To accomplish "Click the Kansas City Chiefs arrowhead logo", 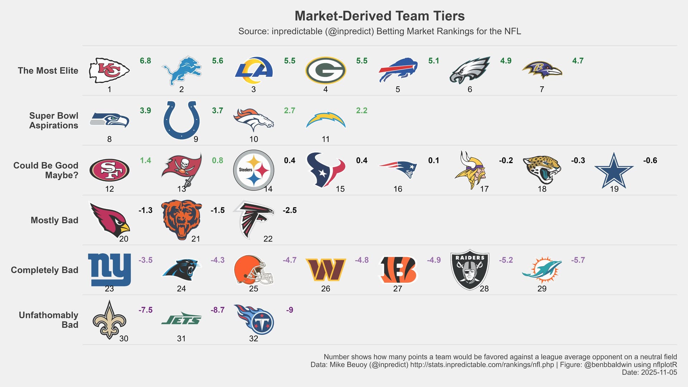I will pos(109,70).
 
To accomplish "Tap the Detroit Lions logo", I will pos(182,70).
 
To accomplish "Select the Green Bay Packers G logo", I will pos(325,70).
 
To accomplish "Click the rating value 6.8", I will pos(145,61).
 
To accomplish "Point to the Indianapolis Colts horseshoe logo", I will pos(181,120).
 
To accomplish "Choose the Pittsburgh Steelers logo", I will pos(253,170).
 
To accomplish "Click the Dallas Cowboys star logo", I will pos(614,171).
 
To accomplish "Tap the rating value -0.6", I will pos(650,161).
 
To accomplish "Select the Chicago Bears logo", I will pos(181,219).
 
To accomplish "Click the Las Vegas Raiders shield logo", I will pos(469,269).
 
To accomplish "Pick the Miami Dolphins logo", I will pos(542,269).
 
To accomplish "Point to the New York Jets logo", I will pos(181,319).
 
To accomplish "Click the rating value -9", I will pos(290,310).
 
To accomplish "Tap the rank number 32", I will pos(253,339).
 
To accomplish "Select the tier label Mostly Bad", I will pos(54,220).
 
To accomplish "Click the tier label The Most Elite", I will pos(48,71).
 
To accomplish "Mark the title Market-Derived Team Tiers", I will pos(379,16).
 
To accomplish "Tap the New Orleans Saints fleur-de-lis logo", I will pos(109,320).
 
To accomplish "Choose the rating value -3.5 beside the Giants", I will pos(145,260).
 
